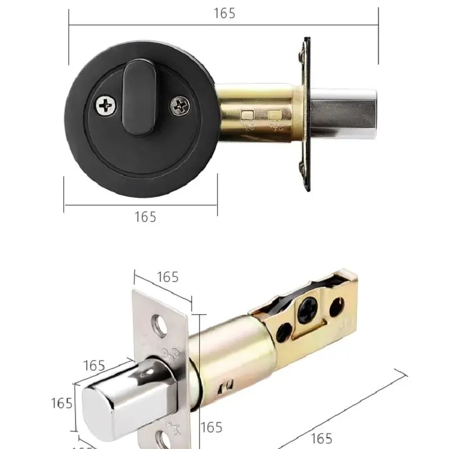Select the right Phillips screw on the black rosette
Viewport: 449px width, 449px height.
180,104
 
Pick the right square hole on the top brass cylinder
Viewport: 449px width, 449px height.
274,116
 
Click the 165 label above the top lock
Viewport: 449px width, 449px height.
224,13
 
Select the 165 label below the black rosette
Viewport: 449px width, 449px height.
145,217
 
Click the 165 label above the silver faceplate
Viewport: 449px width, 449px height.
167,277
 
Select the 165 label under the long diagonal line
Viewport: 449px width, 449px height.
321,438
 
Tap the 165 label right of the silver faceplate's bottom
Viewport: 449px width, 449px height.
211,428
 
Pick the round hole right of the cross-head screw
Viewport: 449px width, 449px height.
336,306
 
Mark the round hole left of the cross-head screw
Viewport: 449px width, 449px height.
283,332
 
